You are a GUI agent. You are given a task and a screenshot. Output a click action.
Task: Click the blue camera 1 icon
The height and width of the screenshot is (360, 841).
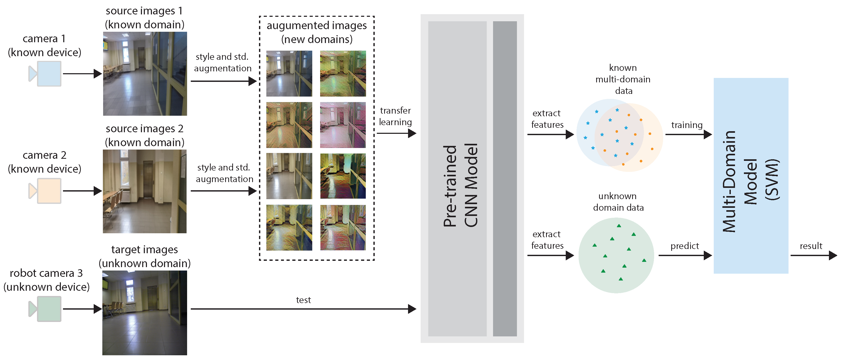point(48,74)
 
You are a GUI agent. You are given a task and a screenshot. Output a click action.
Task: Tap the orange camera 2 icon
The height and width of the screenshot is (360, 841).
point(48,191)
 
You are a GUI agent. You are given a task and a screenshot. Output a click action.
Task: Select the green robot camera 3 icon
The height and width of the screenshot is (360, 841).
point(48,309)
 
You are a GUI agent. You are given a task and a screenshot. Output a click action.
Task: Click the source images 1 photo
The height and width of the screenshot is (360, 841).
point(145,74)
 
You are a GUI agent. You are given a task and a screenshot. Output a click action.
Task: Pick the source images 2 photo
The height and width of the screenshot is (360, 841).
point(145,191)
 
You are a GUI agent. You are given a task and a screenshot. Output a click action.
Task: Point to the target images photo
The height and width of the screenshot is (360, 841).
point(145,313)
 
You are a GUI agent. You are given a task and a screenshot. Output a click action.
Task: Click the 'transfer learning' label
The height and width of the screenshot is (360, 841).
point(395,116)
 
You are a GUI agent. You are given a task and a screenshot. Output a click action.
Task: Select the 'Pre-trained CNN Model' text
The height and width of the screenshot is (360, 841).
point(460,186)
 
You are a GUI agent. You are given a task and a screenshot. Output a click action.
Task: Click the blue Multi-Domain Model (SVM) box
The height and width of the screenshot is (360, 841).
point(751,176)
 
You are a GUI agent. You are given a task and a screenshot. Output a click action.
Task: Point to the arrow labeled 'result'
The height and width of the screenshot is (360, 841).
point(813,255)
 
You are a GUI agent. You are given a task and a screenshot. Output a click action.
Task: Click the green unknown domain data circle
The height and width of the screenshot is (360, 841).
point(616,255)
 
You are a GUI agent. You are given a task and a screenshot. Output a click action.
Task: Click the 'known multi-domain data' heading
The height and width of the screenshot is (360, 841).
point(623,79)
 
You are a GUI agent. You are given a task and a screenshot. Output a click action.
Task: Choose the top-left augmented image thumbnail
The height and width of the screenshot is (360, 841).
point(289,73)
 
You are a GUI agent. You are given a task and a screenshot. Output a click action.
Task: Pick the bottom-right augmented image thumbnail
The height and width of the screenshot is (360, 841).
point(343,227)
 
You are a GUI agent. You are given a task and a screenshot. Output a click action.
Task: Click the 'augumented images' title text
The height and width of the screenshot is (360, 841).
point(317,25)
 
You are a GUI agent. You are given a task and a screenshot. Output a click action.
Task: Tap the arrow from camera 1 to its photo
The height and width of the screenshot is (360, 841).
point(82,74)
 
